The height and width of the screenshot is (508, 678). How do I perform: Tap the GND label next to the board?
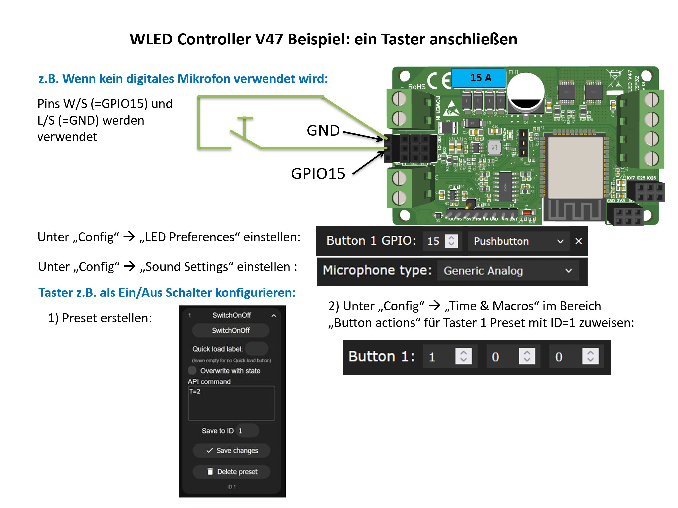click(323, 130)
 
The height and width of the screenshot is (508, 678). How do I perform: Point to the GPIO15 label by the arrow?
click(318, 174)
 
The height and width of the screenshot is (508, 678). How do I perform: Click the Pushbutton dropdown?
click(518, 241)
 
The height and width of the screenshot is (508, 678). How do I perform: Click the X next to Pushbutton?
click(578, 241)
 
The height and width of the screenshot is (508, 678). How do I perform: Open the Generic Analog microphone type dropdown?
click(508, 271)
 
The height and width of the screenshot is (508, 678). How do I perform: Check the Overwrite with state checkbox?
click(192, 370)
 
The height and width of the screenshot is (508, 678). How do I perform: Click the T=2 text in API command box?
click(195, 392)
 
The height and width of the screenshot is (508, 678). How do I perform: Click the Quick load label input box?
click(257, 349)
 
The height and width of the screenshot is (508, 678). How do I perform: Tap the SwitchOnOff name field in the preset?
click(231, 330)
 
